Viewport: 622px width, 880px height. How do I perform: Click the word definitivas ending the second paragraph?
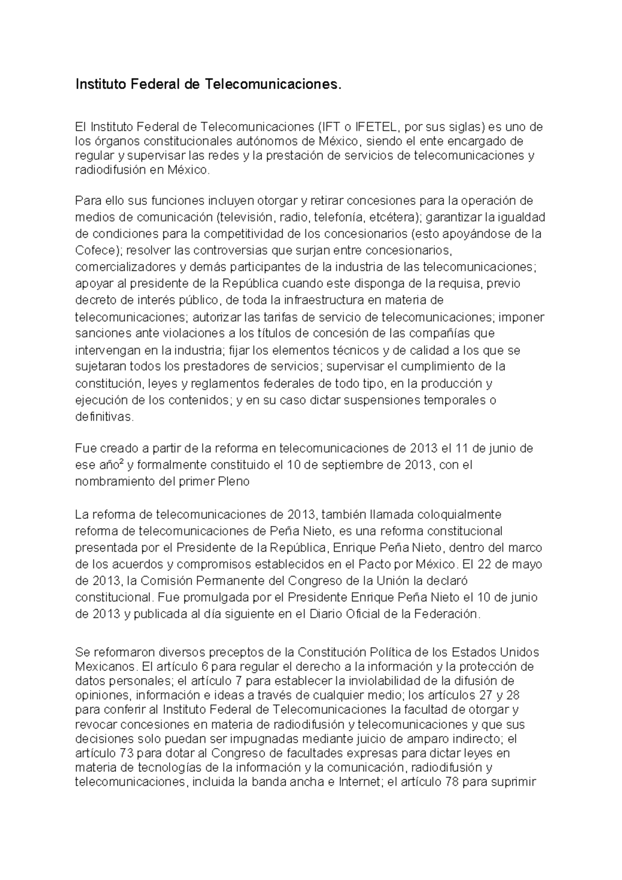coord(104,417)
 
